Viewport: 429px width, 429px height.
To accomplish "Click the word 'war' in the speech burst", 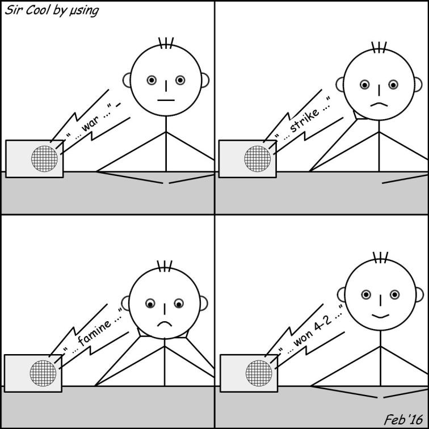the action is pos(90,125).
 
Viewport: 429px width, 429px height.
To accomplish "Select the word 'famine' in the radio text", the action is pos(95,332).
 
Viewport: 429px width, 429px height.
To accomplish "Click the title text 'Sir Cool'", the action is pos(27,10).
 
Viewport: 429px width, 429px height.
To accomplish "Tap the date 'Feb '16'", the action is pos(403,419).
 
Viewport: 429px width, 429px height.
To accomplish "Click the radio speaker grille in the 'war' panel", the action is pos(44,159).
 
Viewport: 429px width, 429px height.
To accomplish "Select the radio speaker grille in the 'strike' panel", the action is pos(258,159).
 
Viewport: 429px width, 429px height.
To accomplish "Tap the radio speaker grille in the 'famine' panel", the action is pos(43,373).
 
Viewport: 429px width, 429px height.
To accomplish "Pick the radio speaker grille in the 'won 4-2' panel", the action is pos(259,373).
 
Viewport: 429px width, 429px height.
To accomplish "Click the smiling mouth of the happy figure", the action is pos(380,317).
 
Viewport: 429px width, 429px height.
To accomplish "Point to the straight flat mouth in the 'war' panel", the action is pos(166,100).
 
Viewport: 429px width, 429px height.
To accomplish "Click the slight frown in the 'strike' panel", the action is pos(379,104).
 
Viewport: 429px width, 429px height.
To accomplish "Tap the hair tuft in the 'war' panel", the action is pos(166,43).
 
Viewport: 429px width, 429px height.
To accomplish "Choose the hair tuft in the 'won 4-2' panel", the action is pos(380,258).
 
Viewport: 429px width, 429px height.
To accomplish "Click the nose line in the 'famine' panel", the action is pos(165,309).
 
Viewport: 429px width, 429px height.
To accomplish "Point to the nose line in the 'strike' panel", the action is pos(379,90).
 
